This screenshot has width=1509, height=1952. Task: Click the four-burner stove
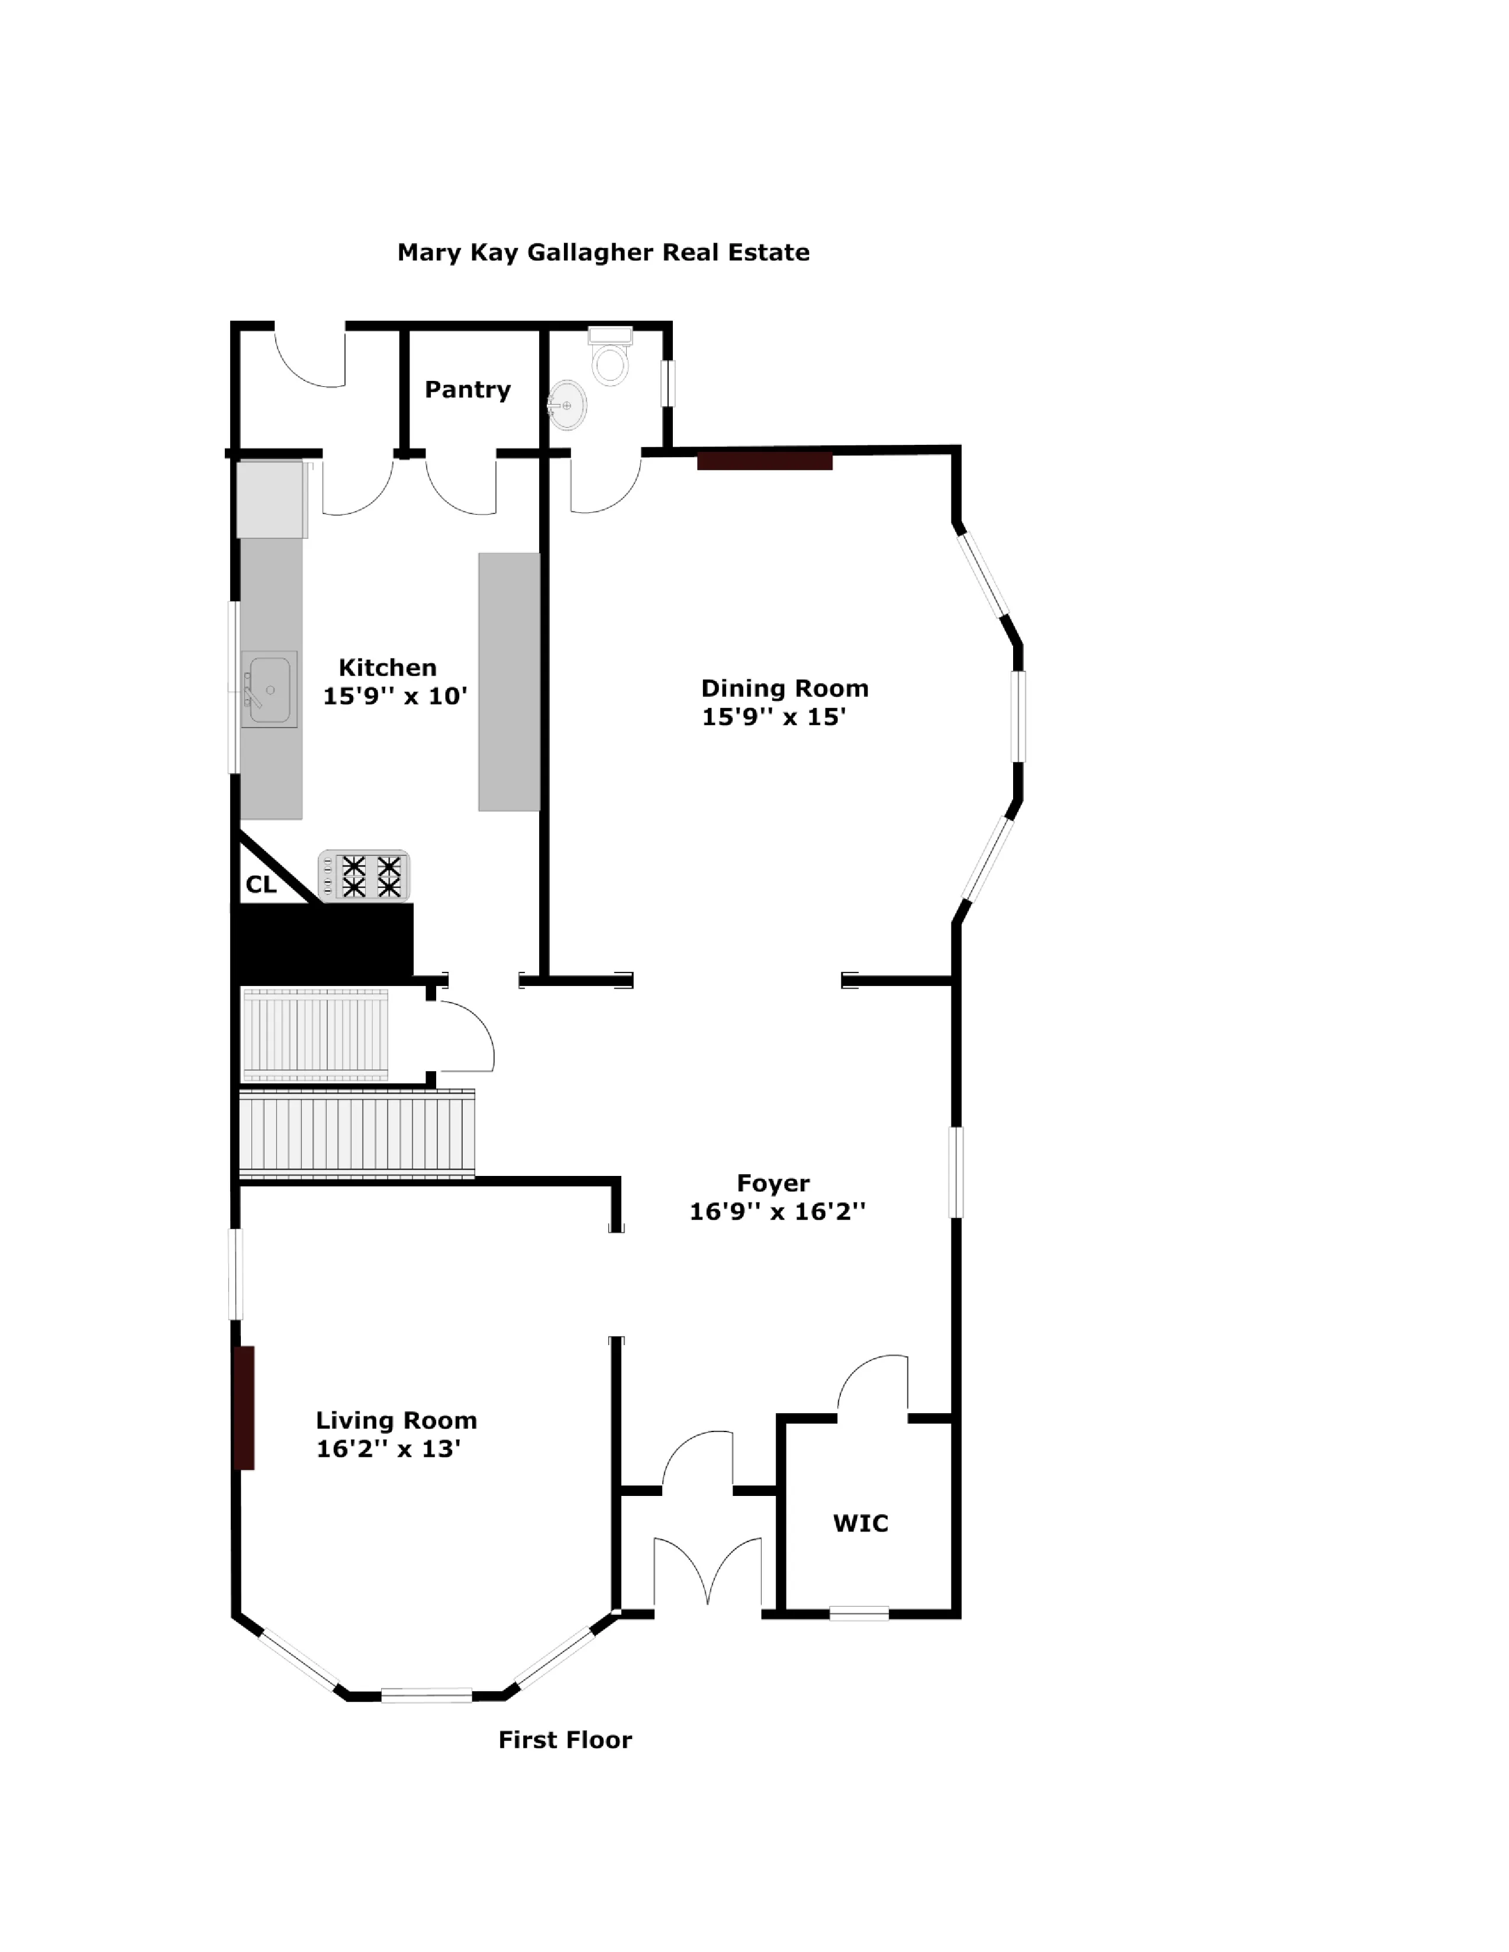(364, 876)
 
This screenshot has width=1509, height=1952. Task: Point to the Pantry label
(467, 390)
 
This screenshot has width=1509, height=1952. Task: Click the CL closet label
(261, 885)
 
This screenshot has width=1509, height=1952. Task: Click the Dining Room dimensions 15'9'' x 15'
(773, 717)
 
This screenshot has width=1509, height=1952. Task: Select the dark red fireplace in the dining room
(765, 461)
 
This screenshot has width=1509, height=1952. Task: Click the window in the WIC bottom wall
(859, 1613)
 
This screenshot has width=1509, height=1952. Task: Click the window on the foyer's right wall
(956, 1172)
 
